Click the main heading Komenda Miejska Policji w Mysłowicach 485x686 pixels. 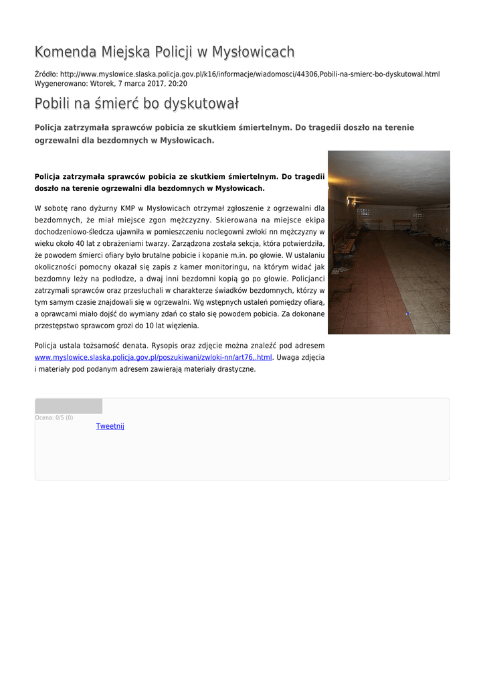(165, 52)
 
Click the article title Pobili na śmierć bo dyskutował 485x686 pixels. (136, 105)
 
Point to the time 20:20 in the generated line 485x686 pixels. (178, 84)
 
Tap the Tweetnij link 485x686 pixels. (110, 426)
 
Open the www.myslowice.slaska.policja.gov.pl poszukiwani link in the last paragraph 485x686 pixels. (153, 358)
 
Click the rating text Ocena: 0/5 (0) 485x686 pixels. (54, 417)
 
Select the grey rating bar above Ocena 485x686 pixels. (68, 406)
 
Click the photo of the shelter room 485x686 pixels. (389, 242)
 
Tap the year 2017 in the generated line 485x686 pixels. (154, 84)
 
